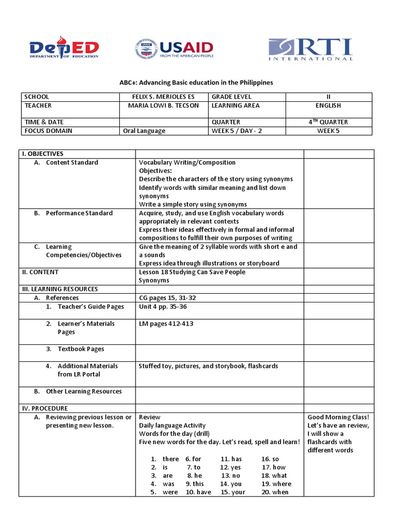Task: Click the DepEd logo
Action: coord(63,49)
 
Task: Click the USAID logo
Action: coord(174,49)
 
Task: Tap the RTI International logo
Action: coord(311,49)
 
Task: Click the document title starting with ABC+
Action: coord(197,82)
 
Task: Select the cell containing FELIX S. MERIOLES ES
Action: coord(163,97)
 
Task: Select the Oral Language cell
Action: coord(144,130)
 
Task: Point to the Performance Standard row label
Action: coord(79,213)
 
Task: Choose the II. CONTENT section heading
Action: coord(39,272)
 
